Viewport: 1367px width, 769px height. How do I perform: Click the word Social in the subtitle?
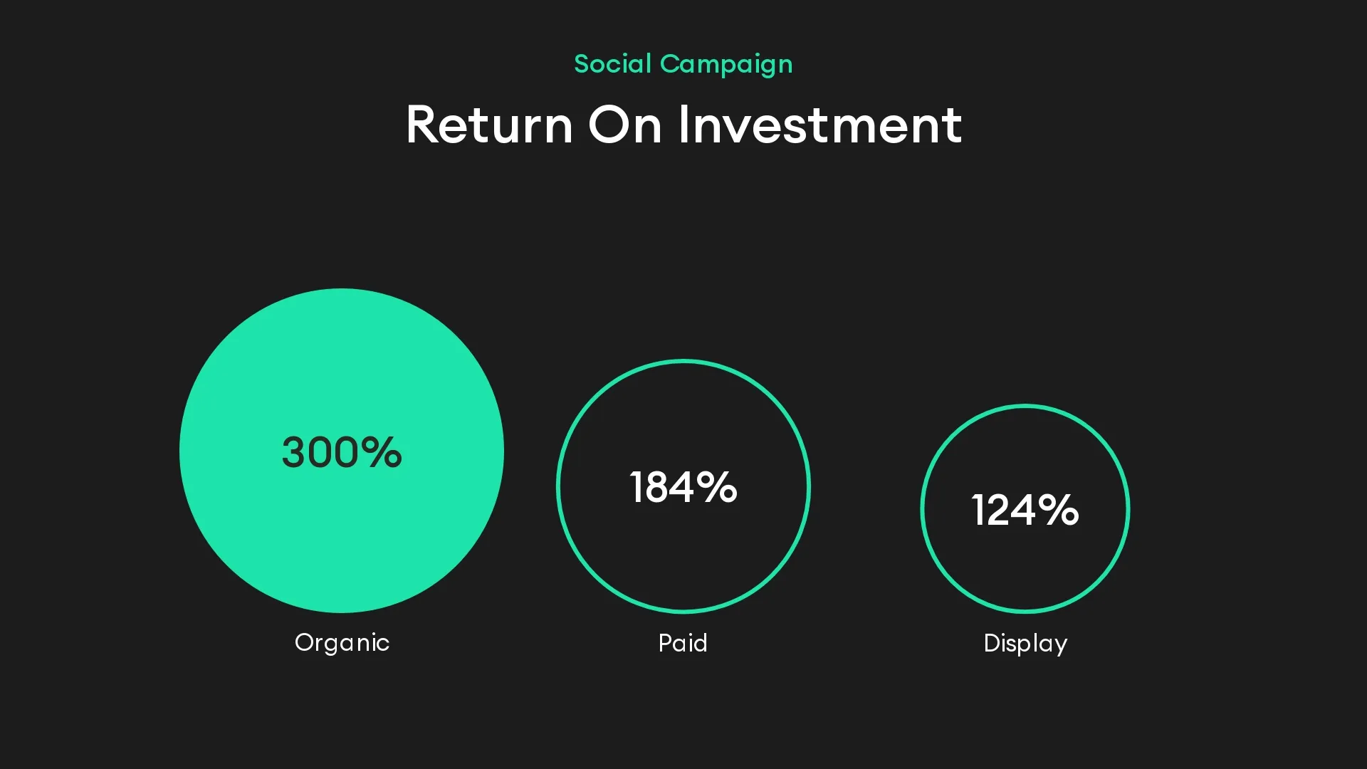pyautogui.click(x=612, y=64)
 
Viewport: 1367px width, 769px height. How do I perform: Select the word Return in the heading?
pyautogui.click(x=489, y=125)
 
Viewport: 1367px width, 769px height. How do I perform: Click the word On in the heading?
pyautogui.click(x=624, y=125)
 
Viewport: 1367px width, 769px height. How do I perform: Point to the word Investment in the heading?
pyautogui.click(x=819, y=125)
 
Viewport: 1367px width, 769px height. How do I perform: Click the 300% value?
pyautogui.click(x=342, y=452)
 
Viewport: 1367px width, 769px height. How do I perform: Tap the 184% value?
pyautogui.click(x=683, y=488)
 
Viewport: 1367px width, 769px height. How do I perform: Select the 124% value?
pyautogui.click(x=1025, y=510)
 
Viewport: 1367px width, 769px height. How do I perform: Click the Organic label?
pyautogui.click(x=342, y=643)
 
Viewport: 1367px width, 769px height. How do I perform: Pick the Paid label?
pyautogui.click(x=683, y=643)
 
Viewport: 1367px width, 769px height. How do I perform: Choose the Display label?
pyautogui.click(x=1025, y=644)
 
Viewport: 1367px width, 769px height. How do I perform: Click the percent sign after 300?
pyautogui.click(x=381, y=452)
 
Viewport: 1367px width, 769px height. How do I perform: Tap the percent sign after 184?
pyautogui.click(x=716, y=488)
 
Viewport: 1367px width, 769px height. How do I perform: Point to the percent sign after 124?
pyautogui.click(x=1058, y=510)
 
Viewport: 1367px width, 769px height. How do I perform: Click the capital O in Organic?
pyautogui.click(x=305, y=642)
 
